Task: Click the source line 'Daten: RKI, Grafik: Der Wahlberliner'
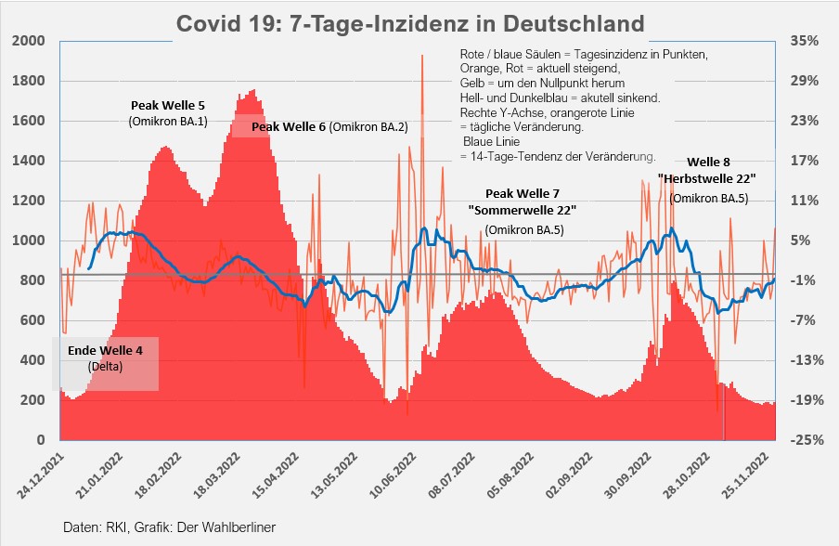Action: [170, 526]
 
